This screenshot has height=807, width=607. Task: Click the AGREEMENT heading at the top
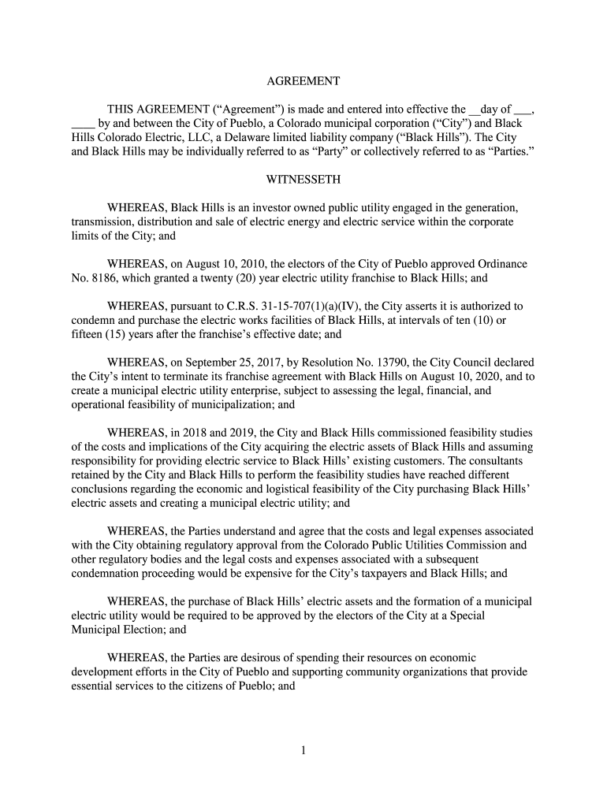pos(303,81)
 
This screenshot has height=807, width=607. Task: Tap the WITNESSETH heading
pos(303,180)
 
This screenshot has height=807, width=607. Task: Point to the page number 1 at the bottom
pos(303,750)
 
